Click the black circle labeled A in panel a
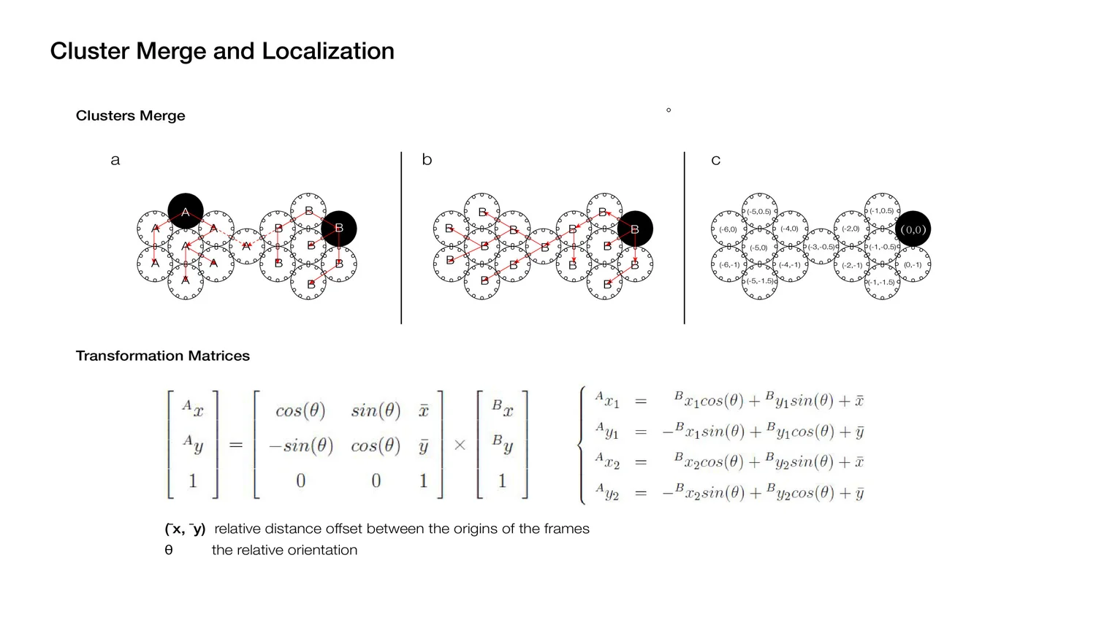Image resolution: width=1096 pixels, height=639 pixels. pos(186,212)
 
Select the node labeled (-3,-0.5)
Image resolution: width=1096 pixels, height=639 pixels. pos(821,247)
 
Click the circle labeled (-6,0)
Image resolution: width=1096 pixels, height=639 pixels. pos(728,229)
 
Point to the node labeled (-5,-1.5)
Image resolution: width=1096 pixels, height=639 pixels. pos(760,281)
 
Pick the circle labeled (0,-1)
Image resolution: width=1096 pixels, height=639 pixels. pos(913,264)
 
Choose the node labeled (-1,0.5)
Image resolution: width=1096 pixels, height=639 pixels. pos(882,211)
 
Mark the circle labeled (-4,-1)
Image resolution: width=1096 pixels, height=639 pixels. pos(790,264)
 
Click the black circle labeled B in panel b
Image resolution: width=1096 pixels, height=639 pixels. pos(634,229)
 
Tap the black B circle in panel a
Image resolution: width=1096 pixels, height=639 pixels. pos(338,229)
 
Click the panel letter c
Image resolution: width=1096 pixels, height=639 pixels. pos(715,160)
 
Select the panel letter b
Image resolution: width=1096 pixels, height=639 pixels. pos(427,160)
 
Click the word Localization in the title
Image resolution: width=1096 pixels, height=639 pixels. pos(328,51)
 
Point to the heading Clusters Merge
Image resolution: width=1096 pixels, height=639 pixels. pos(130,115)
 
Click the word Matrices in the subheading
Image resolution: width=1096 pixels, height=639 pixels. pos(219,356)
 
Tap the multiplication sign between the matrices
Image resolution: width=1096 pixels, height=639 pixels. pos(460,445)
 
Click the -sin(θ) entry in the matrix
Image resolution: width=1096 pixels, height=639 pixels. pos(300,445)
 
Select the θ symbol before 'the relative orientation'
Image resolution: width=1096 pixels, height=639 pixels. pos(169,550)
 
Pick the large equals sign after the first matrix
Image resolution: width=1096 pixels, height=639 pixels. pos(236,444)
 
